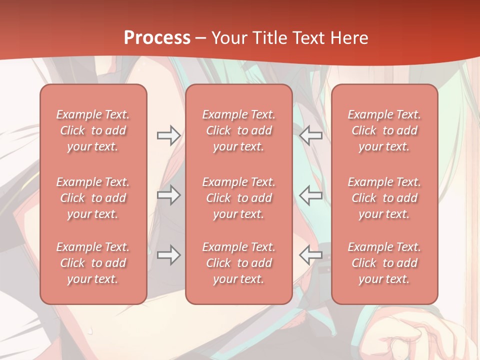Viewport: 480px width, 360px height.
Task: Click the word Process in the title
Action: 157,38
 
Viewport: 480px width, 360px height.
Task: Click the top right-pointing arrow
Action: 168,135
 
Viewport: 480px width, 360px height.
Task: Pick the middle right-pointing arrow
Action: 168,195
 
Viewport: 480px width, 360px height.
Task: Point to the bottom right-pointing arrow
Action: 168,255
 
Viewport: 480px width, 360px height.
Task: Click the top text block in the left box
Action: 93,130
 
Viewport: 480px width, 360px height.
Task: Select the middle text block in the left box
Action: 93,198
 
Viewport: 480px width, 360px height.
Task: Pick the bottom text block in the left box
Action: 93,263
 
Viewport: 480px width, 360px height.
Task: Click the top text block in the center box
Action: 239,130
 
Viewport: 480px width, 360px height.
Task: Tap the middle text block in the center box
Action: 239,198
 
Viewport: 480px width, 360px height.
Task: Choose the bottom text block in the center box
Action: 239,263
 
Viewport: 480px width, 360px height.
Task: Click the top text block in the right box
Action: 384,130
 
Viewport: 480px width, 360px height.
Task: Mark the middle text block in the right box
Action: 384,198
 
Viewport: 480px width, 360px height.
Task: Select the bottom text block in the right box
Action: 384,263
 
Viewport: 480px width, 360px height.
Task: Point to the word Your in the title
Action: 228,38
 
